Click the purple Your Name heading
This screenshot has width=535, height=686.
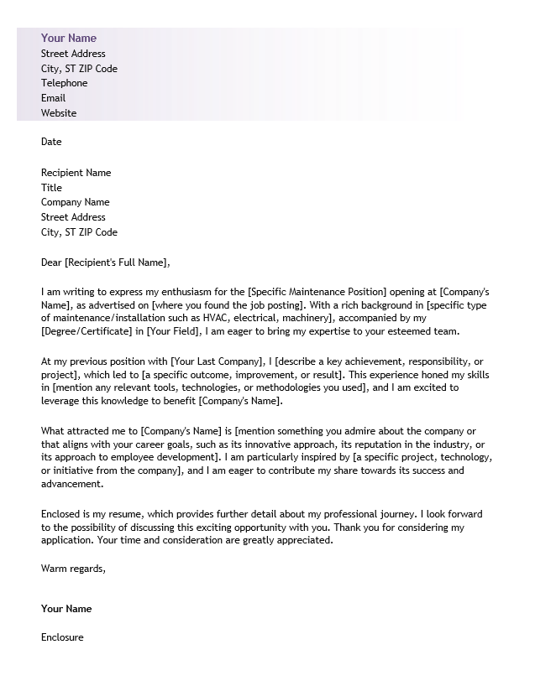tap(69, 38)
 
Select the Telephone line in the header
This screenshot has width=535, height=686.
tap(64, 83)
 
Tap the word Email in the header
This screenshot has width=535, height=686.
tap(53, 98)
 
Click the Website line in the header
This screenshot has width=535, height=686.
tap(59, 113)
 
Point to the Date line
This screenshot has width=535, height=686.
tap(51, 142)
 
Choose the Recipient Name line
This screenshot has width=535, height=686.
tap(76, 173)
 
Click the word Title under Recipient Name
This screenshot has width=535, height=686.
tap(51, 188)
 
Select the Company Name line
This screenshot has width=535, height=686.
tap(75, 202)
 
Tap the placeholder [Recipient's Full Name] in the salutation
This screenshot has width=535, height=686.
tap(117, 262)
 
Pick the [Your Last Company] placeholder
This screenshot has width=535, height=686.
tap(216, 361)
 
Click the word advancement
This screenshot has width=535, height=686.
tap(72, 484)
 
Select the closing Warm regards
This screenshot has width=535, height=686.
tap(73, 569)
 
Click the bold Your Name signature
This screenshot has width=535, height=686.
tap(66, 609)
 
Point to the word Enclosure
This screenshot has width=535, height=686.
tap(62, 637)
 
